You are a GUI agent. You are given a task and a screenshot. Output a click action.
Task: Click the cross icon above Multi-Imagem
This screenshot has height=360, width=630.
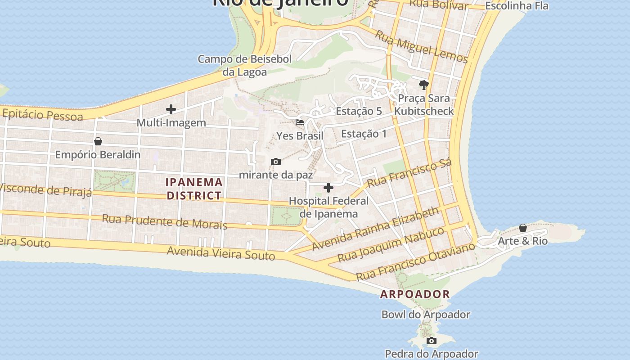171,109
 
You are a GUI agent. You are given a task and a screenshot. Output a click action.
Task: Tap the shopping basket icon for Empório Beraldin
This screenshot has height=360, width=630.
98,141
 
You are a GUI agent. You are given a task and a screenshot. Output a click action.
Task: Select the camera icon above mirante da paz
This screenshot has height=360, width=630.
276,162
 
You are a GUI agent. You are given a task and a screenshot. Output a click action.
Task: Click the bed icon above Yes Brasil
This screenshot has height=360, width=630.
300,122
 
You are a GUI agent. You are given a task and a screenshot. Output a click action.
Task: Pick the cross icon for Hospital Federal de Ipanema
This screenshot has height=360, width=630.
328,188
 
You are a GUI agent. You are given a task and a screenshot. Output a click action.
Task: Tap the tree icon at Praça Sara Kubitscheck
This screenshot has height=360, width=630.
423,85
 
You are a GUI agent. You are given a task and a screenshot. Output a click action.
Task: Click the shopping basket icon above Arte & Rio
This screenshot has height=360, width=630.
523,228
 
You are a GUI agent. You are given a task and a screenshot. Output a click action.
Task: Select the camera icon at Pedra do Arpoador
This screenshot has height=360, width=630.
432,341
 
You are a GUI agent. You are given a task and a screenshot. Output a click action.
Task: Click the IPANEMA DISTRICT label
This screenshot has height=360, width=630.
194,189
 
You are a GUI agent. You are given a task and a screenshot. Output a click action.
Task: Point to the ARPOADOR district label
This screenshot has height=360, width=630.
415,294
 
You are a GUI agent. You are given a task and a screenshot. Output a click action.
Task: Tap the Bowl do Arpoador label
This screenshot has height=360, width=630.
426,315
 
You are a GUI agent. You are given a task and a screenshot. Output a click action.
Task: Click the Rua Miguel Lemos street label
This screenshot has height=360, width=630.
421,47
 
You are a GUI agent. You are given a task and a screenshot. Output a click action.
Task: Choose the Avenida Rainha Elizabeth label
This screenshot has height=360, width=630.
375,229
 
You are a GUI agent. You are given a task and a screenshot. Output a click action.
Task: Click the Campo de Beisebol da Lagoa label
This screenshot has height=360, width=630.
245,65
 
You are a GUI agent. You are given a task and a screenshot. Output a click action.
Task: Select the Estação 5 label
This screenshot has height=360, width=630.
359,111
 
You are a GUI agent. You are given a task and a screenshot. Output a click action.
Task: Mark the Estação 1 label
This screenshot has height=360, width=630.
364,134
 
